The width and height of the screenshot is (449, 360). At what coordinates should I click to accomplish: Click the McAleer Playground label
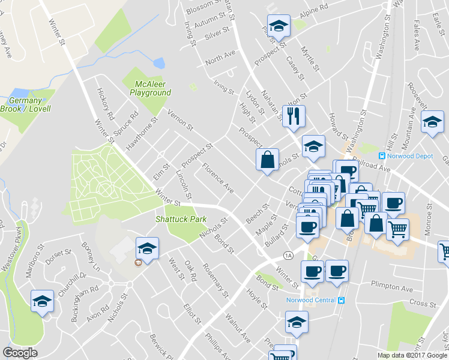pyautogui.click(x=150, y=88)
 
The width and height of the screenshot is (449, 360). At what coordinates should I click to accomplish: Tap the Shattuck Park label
pyautogui.click(x=181, y=220)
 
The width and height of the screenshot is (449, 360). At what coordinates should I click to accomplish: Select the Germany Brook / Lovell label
pyautogui.click(x=29, y=104)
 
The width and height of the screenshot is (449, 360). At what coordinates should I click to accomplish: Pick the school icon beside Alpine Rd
pyautogui.click(x=279, y=26)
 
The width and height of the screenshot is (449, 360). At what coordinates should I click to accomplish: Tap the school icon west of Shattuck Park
pyautogui.click(x=147, y=247)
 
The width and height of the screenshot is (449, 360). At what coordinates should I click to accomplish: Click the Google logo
pyautogui.click(x=20, y=352)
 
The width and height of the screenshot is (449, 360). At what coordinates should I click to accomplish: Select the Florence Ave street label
pyautogui.click(x=217, y=178)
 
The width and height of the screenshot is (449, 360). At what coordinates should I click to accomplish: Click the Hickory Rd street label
pyautogui.click(x=106, y=104)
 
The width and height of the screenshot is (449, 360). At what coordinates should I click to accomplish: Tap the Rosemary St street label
pyautogui.click(x=215, y=280)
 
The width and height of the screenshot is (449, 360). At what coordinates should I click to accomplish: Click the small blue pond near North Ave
pyautogui.click(x=159, y=63)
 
